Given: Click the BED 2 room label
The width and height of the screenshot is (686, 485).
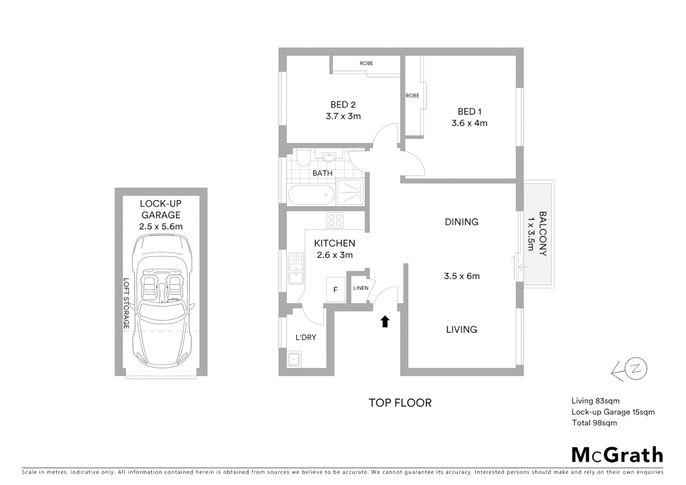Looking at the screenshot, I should coord(343,105).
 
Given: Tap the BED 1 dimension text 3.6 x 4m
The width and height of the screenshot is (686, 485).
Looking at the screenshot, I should coord(469,123).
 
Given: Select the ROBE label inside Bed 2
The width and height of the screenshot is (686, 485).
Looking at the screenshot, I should coord(366,63).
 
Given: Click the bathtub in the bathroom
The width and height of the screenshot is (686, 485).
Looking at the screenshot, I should coord(311,195).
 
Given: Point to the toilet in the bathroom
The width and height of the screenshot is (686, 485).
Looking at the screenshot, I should coord(302,158).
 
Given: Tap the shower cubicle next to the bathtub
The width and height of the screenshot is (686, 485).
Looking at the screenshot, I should coord(351,193).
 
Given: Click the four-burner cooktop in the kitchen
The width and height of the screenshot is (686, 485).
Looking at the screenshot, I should coord(335,220).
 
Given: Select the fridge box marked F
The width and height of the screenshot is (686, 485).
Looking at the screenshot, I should coord(335,290).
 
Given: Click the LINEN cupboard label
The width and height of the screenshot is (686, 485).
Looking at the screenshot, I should coord(361,288).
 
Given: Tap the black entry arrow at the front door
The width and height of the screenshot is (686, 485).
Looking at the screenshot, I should coord(385,322).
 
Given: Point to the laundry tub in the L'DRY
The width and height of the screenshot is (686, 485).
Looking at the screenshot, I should coord(294,360).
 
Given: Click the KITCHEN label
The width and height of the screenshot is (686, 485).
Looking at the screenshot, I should coord(334,243).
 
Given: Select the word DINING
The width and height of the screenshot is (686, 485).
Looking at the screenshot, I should coord(462,222).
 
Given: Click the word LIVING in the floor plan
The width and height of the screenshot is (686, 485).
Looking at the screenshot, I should coord(462,330).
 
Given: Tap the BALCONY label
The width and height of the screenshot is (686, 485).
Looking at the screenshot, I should coord(542,234).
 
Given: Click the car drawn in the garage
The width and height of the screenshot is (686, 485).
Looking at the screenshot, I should coord(161,301).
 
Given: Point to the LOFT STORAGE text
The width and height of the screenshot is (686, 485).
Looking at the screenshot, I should coord(127,304).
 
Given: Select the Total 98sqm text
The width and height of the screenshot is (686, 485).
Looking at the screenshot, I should coord(594,423).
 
